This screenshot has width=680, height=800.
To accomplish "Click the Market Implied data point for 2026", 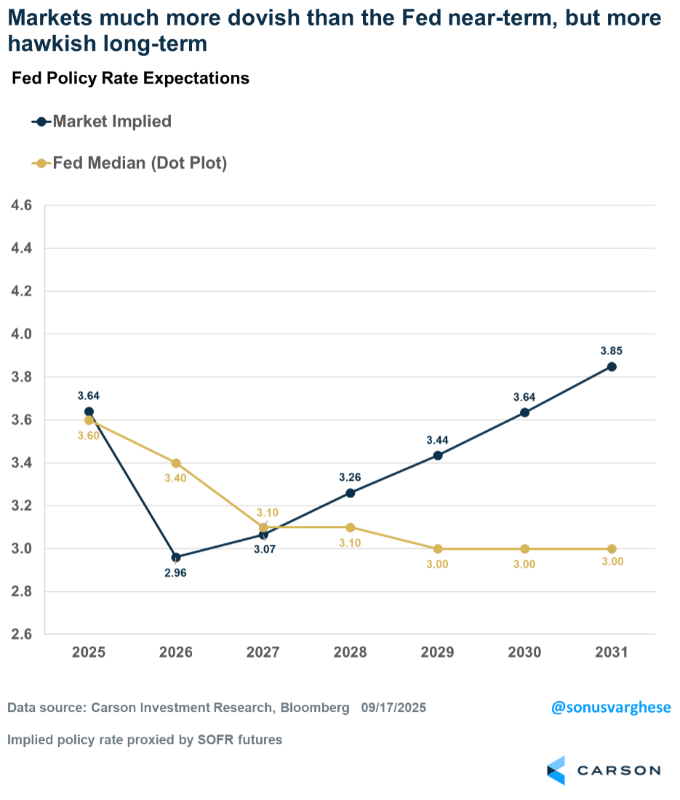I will pyautogui.click(x=176, y=558).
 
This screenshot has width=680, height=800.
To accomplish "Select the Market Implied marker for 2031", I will pyautogui.click(x=612, y=367).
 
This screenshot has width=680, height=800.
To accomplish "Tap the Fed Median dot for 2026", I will pyautogui.click(x=176, y=463).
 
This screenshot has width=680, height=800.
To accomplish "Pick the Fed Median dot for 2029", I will pyautogui.click(x=437, y=549).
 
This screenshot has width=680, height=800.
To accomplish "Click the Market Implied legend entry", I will pyautogui.click(x=101, y=121).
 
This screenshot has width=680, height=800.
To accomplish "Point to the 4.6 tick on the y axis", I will pyautogui.click(x=23, y=206).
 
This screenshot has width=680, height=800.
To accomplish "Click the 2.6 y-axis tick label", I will pyautogui.click(x=23, y=635).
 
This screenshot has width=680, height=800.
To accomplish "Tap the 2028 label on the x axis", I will pyautogui.click(x=350, y=652).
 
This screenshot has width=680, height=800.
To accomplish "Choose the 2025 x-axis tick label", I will pyautogui.click(x=89, y=652).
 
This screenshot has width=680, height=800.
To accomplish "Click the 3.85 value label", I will pyautogui.click(x=612, y=351).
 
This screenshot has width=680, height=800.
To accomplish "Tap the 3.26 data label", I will pyautogui.click(x=350, y=477).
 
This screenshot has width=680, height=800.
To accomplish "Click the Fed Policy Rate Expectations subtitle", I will pyautogui.click(x=130, y=79).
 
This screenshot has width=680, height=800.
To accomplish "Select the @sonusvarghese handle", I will pyautogui.click(x=611, y=708).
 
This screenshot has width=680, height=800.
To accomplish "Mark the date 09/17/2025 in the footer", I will pyautogui.click(x=393, y=708).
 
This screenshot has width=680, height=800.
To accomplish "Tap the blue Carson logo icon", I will pyautogui.click(x=556, y=770).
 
